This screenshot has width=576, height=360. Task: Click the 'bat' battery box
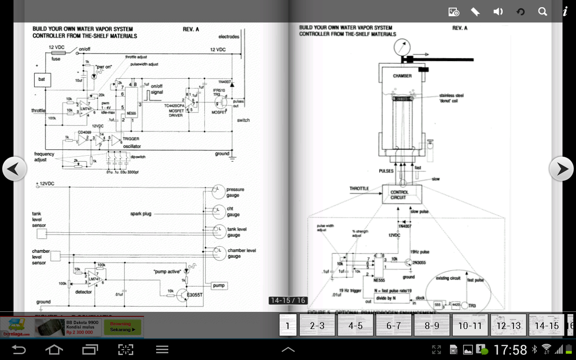tap(42, 80)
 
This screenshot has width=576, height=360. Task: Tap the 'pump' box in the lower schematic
tap(219, 285)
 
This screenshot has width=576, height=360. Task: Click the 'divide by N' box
tap(392, 298)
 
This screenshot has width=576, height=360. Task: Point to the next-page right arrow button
tap(561, 169)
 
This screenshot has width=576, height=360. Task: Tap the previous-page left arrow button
tap(14, 169)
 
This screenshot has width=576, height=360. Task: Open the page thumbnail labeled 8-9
tap(432, 325)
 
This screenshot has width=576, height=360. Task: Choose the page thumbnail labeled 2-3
tap(317, 325)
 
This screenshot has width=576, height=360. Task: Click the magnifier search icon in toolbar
tap(543, 12)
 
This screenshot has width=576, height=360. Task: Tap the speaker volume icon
tap(498, 12)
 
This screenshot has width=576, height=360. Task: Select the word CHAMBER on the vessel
tap(402, 76)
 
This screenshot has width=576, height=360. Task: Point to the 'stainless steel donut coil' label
tap(451, 98)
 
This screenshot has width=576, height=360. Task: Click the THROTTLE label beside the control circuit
tap(359, 189)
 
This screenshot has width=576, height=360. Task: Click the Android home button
tap(54, 349)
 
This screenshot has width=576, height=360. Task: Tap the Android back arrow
tap(19, 349)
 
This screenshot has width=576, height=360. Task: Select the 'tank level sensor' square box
tap(41, 233)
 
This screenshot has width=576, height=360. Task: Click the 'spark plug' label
tap(141, 214)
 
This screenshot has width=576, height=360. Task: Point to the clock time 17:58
tap(510, 350)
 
